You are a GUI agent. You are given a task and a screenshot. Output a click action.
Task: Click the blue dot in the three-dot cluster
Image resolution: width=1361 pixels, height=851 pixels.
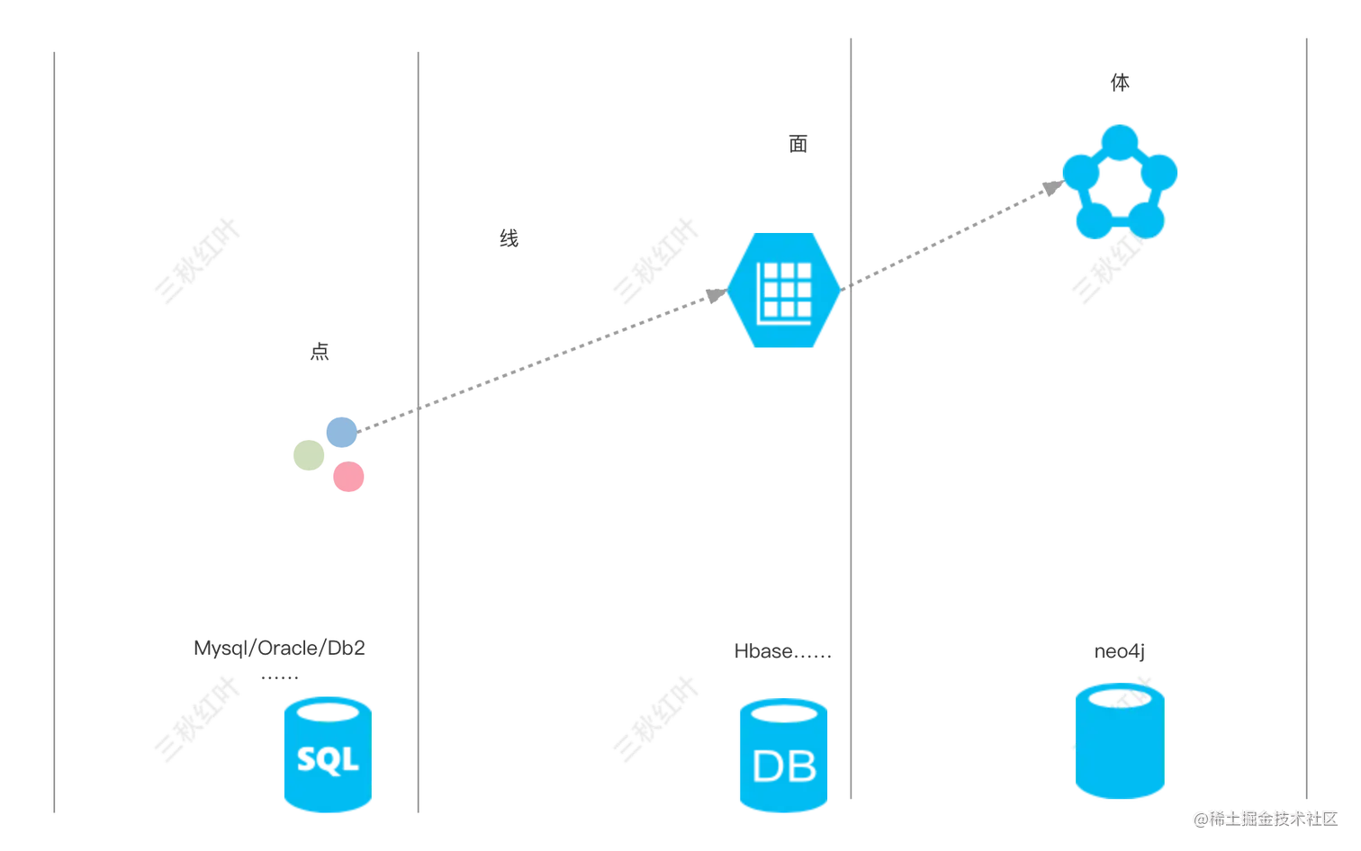(341, 432)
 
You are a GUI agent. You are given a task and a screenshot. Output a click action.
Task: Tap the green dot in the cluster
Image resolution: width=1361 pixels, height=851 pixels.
(309, 455)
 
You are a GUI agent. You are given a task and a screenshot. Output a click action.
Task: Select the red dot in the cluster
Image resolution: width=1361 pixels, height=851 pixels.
(349, 477)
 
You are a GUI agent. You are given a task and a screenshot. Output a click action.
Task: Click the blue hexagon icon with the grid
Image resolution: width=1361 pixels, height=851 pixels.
(783, 290)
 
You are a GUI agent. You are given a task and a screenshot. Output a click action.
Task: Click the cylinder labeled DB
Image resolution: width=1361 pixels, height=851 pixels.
(783, 756)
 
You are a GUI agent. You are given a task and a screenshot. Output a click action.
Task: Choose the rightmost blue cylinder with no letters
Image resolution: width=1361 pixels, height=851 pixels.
(1120, 741)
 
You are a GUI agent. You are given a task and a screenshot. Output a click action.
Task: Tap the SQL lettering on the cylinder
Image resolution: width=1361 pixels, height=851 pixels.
(328, 758)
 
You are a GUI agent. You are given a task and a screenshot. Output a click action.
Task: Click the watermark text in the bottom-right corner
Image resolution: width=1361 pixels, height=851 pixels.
(1266, 818)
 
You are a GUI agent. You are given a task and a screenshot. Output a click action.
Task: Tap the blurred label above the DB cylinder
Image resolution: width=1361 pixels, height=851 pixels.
(780, 651)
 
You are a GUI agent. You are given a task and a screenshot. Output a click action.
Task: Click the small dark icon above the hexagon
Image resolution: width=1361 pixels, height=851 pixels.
(799, 144)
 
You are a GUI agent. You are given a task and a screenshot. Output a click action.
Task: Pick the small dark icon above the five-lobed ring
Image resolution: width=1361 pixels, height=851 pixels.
(1122, 80)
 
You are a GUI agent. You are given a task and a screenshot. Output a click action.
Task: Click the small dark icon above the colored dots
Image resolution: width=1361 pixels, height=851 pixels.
(318, 354)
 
